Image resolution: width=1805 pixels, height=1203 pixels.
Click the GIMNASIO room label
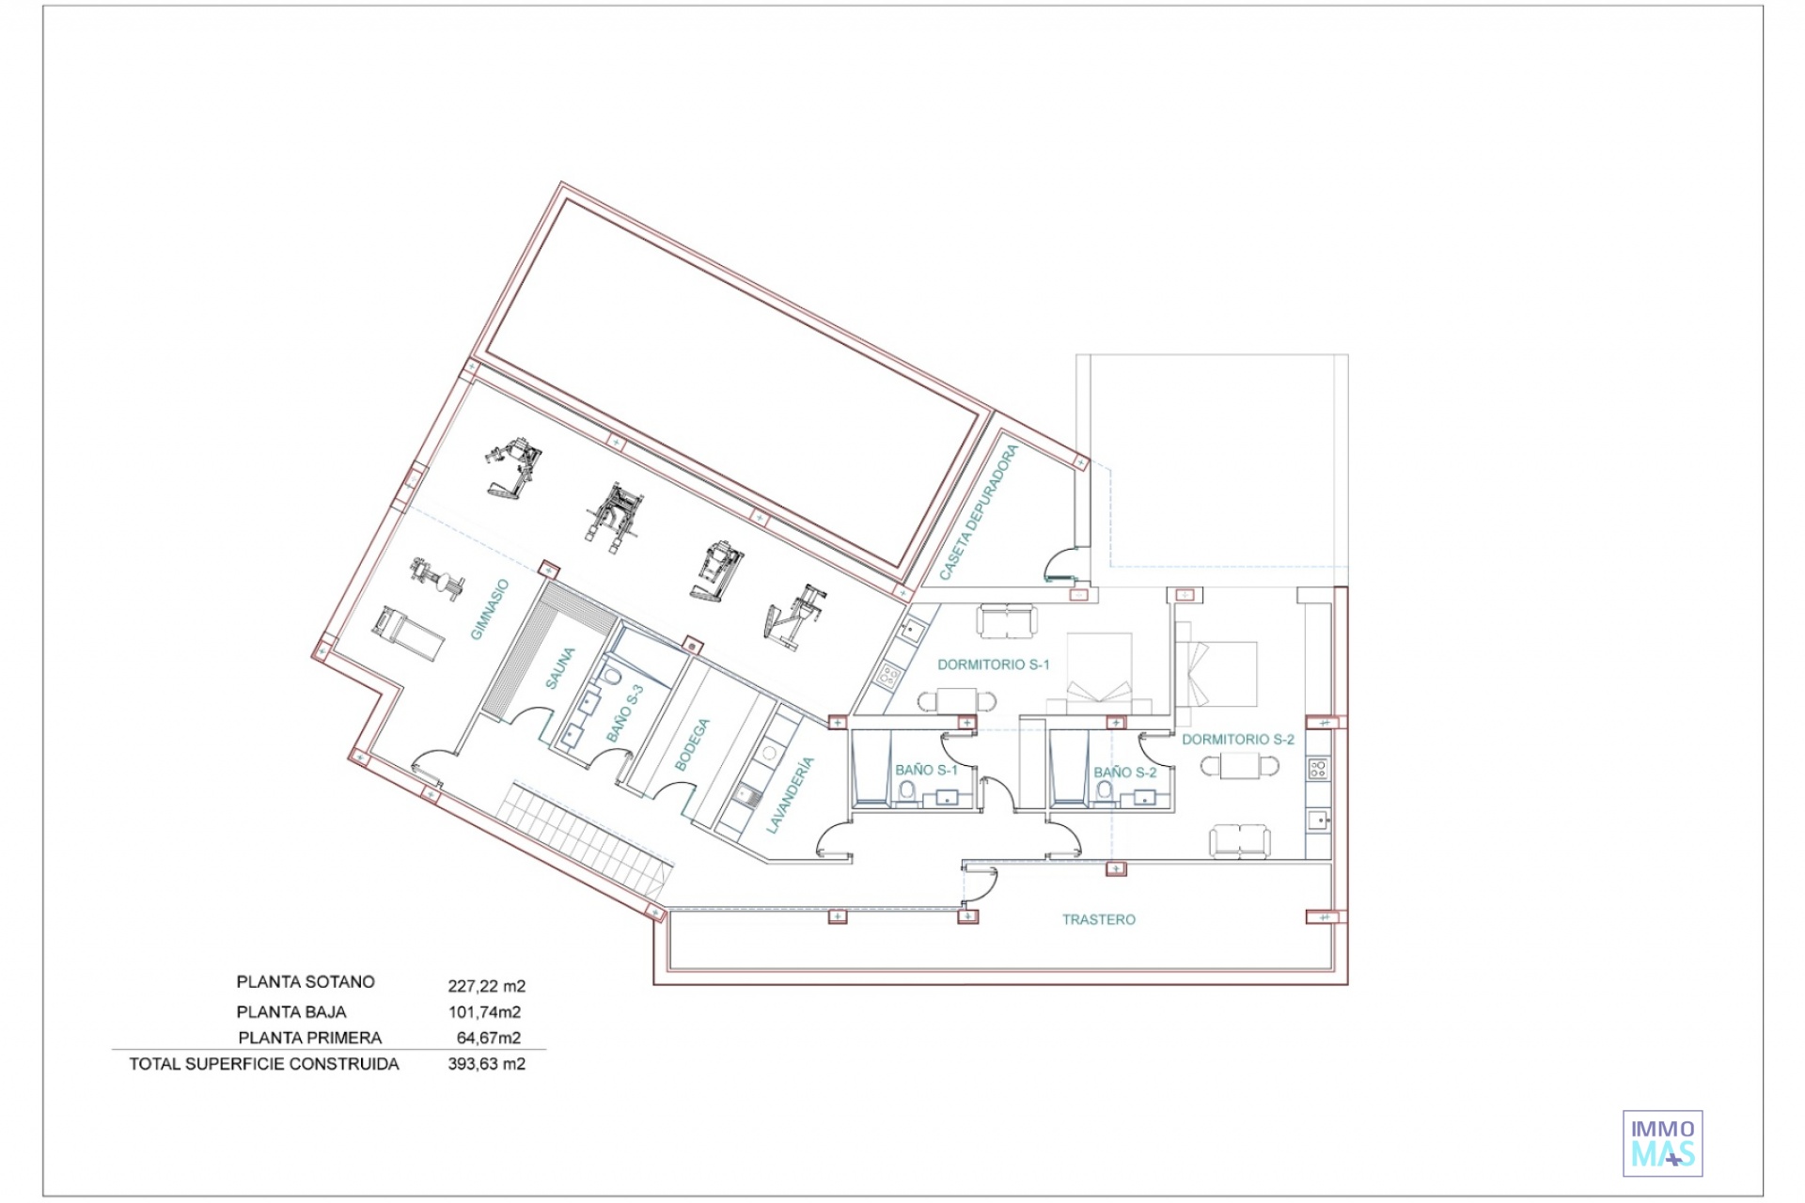click(x=490, y=609)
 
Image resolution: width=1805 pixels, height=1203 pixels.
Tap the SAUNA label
click(x=559, y=668)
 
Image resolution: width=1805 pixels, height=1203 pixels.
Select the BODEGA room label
click(x=693, y=745)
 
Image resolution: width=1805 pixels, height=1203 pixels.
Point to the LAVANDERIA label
click(x=790, y=795)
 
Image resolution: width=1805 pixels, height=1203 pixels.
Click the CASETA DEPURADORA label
click(x=980, y=512)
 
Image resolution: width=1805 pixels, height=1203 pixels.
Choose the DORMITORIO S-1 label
click(x=994, y=664)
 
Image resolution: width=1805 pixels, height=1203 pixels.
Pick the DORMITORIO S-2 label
click(x=1238, y=740)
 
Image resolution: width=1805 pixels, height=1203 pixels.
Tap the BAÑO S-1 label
click(x=926, y=770)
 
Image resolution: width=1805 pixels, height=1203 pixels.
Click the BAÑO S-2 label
click(x=1125, y=773)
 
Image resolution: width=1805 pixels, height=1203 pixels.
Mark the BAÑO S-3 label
click(x=625, y=713)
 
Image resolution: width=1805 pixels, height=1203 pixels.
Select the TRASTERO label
click(x=1099, y=920)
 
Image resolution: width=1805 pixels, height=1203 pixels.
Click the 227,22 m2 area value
click(x=487, y=987)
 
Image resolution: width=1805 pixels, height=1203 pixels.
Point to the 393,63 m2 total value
click(x=487, y=1065)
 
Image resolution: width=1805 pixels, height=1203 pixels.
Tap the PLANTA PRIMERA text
click(x=310, y=1039)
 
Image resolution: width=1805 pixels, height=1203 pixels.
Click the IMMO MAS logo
click(x=1663, y=1143)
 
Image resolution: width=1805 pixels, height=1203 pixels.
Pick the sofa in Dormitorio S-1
click(x=1008, y=621)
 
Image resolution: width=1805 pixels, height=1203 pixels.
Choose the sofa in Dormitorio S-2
click(x=1239, y=841)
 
